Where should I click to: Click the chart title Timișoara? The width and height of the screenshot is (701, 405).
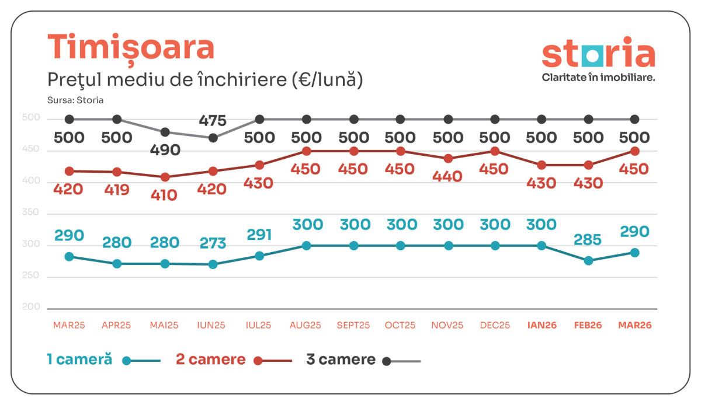pyautogui.click(x=130, y=48)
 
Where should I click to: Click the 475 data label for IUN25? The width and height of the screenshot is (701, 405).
pyautogui.click(x=213, y=121)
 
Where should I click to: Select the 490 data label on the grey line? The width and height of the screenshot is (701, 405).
pyautogui.click(x=165, y=150)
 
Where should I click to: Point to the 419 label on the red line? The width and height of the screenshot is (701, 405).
pyautogui.click(x=117, y=190)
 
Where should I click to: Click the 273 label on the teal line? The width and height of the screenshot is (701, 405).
pyautogui.click(x=213, y=243)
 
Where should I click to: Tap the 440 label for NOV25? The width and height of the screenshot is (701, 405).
pyautogui.click(x=448, y=176)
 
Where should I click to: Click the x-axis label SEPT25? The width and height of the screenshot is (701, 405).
pyautogui.click(x=353, y=325)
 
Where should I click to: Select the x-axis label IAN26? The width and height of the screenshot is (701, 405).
pyautogui.click(x=542, y=325)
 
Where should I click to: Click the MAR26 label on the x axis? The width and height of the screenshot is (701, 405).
pyautogui.click(x=635, y=325)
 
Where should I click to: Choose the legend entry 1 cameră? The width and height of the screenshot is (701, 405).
pyautogui.click(x=79, y=359)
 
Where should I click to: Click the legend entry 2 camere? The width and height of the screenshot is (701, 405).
pyautogui.click(x=211, y=359)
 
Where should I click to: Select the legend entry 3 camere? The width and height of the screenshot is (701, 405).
pyautogui.click(x=341, y=359)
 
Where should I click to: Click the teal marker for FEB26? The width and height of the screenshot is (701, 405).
pyautogui.click(x=588, y=261)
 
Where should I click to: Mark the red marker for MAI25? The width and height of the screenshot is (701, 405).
pyautogui.click(x=165, y=177)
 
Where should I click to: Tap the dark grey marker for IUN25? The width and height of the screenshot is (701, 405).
pyautogui.click(x=213, y=138)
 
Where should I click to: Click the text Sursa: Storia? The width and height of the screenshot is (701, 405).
pyautogui.click(x=75, y=100)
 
